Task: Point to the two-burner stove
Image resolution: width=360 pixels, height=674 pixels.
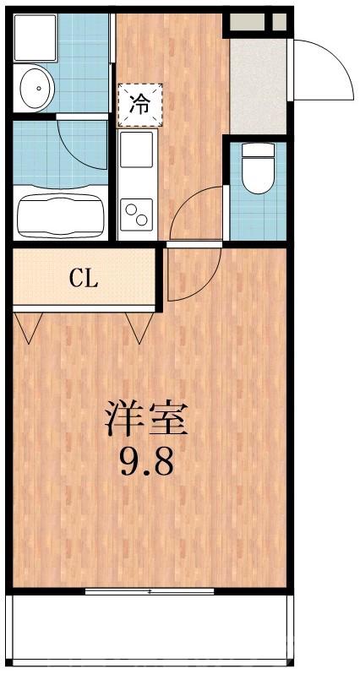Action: point(136,213)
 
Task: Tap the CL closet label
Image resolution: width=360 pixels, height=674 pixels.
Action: point(84,279)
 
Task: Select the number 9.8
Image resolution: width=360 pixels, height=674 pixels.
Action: point(145,462)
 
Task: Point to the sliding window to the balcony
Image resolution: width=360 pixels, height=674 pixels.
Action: point(149,591)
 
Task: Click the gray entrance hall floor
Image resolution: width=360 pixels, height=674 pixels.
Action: point(258,84)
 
